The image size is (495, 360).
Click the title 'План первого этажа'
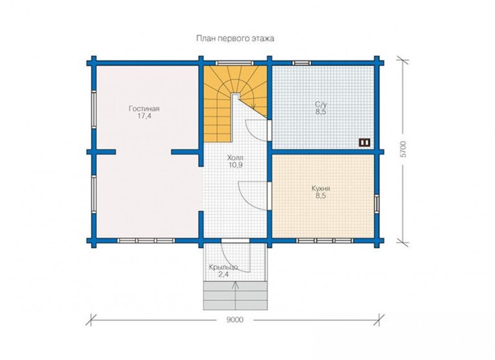[x=235, y=39]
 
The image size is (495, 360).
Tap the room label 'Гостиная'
[x=144, y=109]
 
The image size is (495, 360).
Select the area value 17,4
[x=144, y=116]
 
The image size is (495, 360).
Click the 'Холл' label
[x=235, y=157]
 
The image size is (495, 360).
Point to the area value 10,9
[x=235, y=165]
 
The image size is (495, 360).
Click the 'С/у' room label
[x=320, y=104]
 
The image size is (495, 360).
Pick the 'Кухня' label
[x=321, y=188]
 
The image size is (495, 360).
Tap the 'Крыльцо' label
[x=223, y=267]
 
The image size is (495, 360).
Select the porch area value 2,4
[x=223, y=274]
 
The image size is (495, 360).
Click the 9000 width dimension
[x=235, y=320]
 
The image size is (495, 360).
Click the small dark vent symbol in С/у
[x=364, y=142]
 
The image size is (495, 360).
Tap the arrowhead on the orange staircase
[x=253, y=107]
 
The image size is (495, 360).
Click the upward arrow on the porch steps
[x=235, y=293]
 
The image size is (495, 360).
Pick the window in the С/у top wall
[x=302, y=63]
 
